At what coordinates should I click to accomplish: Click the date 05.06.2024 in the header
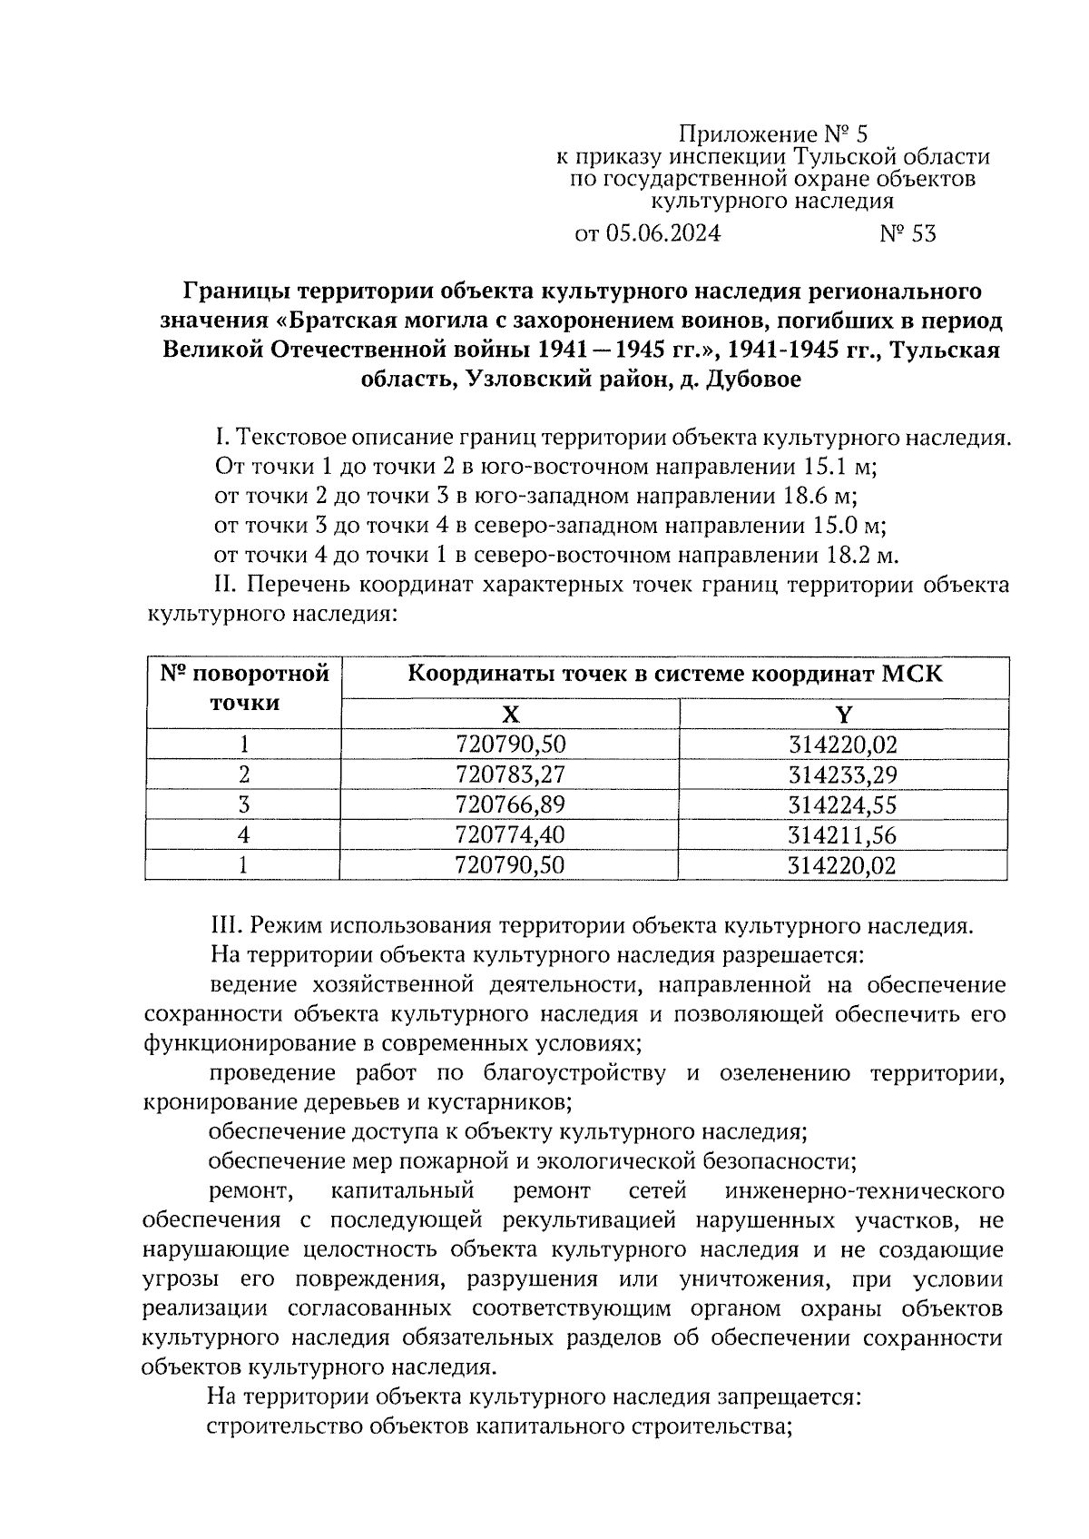point(662,234)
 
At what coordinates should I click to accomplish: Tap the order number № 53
point(907,234)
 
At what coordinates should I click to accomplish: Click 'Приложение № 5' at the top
point(773,135)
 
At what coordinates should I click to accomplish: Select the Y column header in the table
point(843,714)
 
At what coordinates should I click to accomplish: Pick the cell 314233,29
point(843,774)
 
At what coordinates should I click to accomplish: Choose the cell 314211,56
point(843,834)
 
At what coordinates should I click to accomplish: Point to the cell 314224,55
point(843,804)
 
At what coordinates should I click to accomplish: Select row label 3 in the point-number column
point(243,804)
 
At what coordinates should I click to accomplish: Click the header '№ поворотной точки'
point(244,688)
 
